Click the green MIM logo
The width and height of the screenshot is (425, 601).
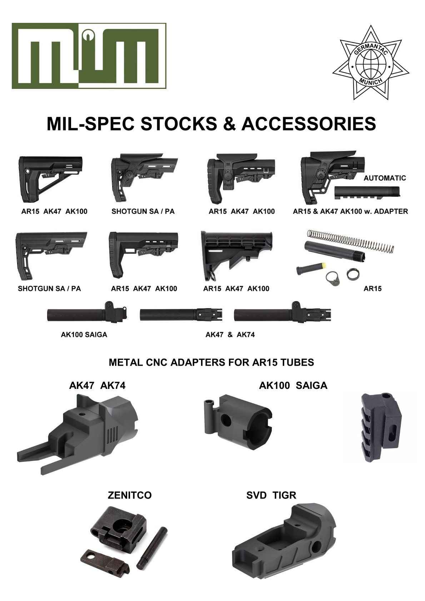[89, 56]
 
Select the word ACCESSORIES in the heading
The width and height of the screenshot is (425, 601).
[309, 124]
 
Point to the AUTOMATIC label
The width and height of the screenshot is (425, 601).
[385, 178]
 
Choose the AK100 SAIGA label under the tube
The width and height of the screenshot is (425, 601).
[84, 335]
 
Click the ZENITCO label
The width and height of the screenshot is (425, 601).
[130, 495]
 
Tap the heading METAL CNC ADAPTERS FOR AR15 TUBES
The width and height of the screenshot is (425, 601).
[211, 362]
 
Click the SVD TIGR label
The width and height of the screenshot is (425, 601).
[271, 495]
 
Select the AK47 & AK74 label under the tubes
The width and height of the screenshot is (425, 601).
[230, 335]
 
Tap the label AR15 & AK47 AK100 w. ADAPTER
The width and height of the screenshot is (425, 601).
[350, 211]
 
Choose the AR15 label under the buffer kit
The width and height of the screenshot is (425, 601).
[372, 289]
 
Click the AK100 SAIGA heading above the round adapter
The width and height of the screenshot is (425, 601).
[293, 386]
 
